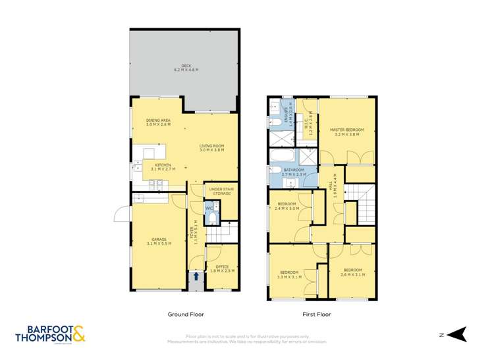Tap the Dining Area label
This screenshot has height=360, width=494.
(x=158, y=122)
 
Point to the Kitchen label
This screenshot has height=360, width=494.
(x=162, y=167)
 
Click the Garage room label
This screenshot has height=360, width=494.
(x=159, y=241)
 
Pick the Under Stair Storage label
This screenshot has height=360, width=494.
(x=221, y=191)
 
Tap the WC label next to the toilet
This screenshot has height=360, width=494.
(x=209, y=209)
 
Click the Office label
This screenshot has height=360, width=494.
(x=222, y=269)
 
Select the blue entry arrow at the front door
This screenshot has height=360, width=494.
(x=195, y=276)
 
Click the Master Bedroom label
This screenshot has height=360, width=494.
(x=347, y=132)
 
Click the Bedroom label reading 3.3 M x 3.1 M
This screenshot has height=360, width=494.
(x=290, y=274)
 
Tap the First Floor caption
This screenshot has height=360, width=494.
(x=317, y=315)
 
